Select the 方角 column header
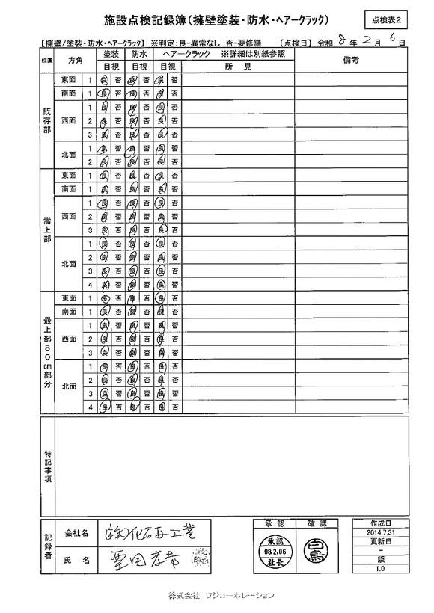coord(75,59)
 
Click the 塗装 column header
coord(111,55)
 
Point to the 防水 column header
coord(139,55)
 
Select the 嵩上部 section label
coord(47,230)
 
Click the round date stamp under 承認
coord(271,551)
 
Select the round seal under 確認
coord(313,552)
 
